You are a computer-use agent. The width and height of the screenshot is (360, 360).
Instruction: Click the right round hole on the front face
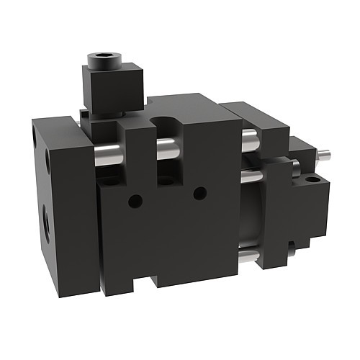pos(200,192)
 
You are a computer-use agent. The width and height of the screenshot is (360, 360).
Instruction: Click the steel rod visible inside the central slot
pos(166,150)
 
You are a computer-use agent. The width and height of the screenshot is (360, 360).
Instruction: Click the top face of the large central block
pos(191,104)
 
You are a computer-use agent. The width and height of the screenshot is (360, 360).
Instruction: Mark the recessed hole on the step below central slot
pos(165,179)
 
